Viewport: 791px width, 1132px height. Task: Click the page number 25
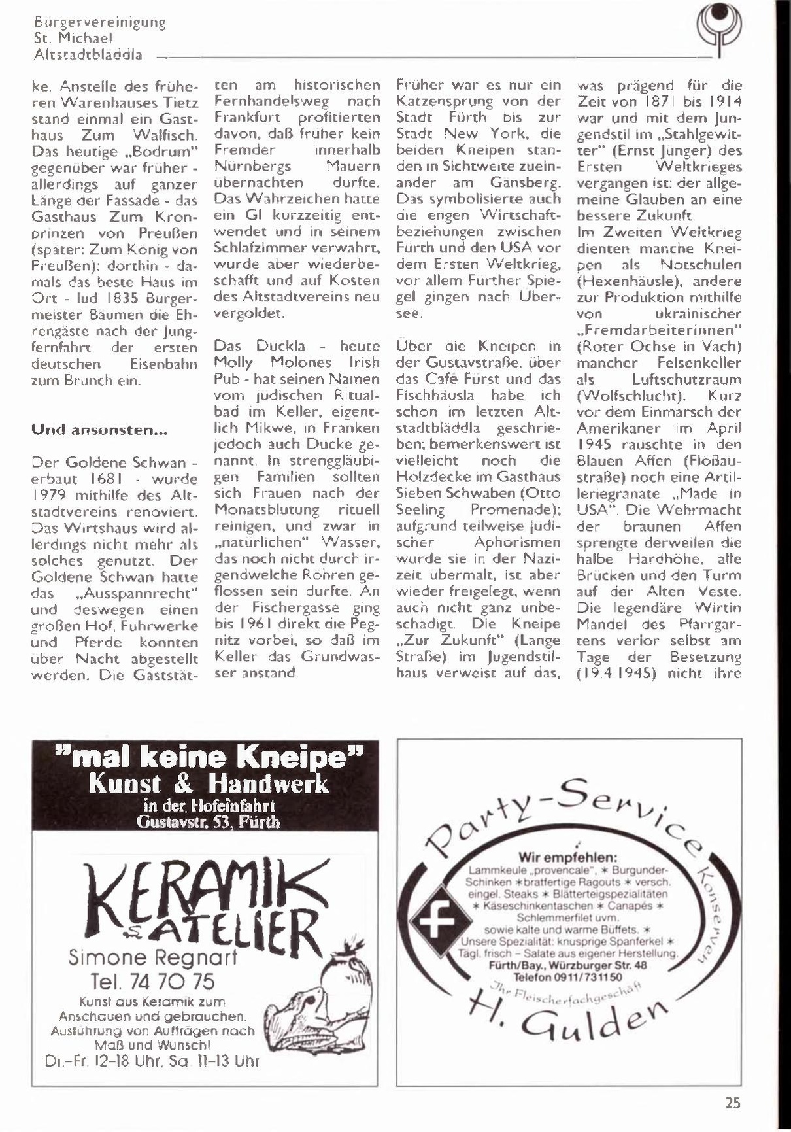tap(732, 1103)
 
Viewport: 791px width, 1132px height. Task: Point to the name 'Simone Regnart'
tap(152, 958)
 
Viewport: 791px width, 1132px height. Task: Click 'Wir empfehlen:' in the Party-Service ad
tap(568, 857)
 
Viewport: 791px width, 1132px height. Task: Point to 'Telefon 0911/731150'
tap(567, 976)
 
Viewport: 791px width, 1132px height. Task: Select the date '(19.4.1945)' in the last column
tap(616, 673)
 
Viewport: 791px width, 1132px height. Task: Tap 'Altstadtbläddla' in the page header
tap(88, 55)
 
